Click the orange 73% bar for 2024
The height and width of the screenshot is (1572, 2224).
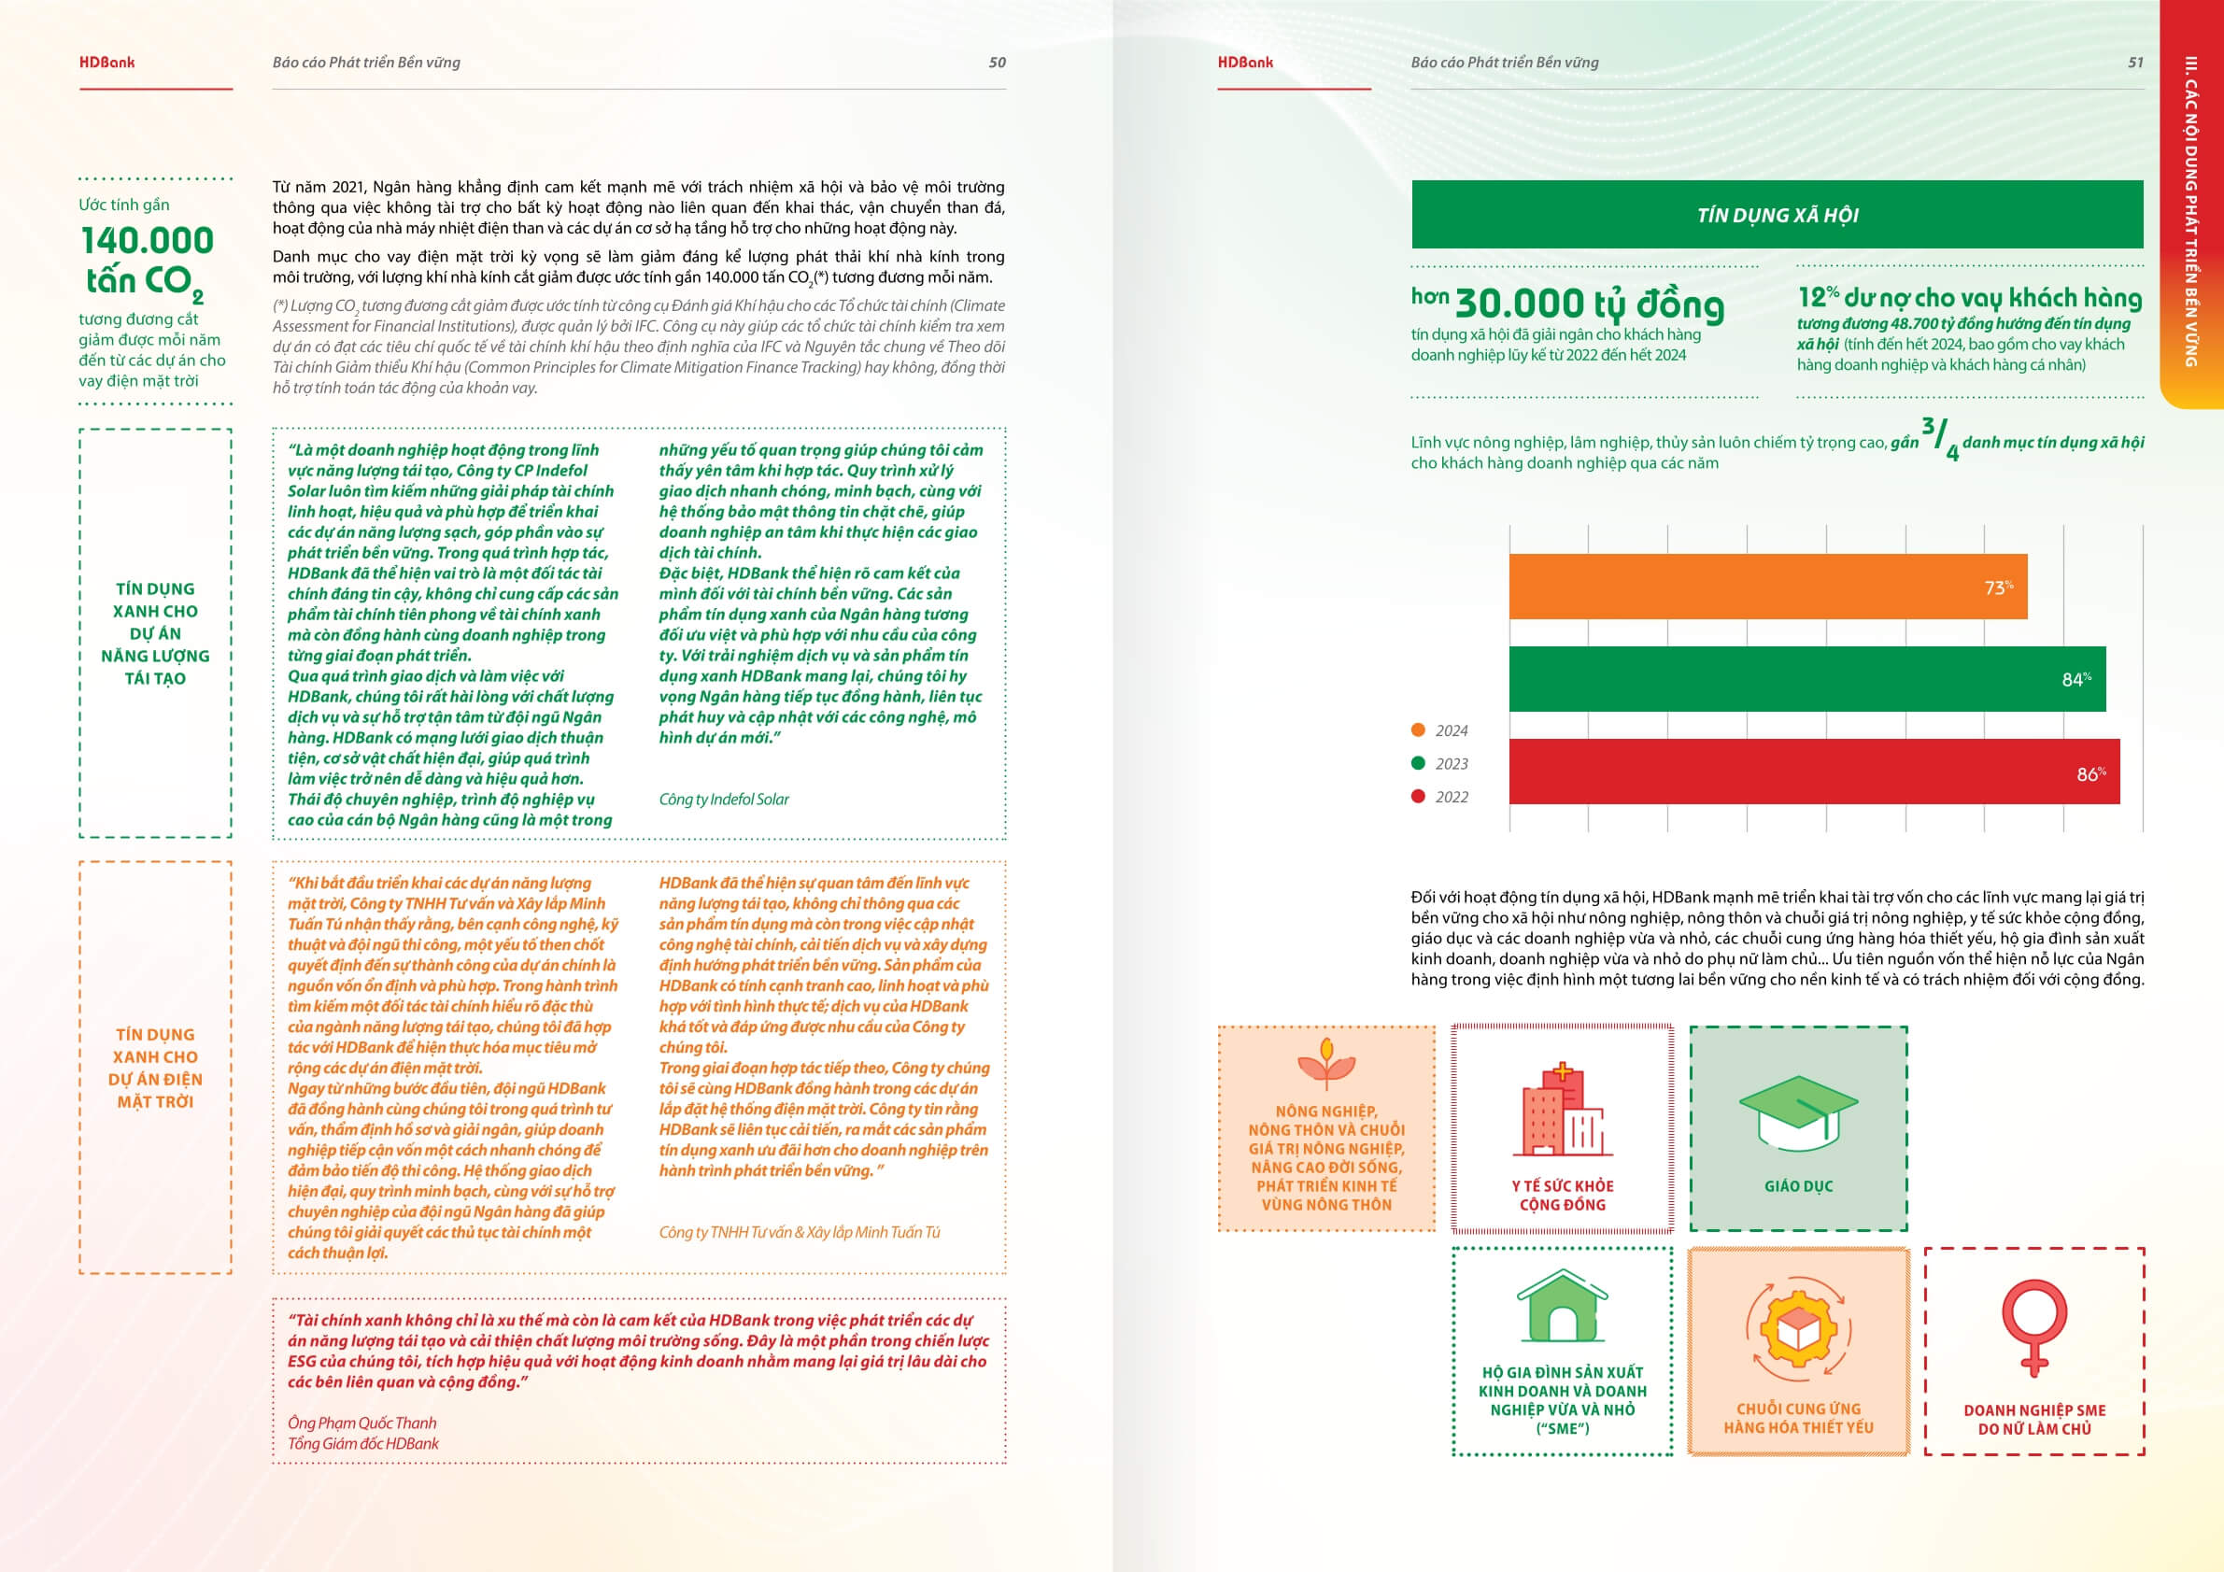(1767, 587)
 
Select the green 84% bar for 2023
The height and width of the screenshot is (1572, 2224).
(1806, 679)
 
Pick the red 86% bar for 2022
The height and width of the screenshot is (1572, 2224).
(1813, 772)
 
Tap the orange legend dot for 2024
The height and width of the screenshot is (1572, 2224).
(1418, 730)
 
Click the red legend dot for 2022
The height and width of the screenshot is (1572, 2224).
(1418, 796)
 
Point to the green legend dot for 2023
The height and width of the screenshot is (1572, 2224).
(1418, 763)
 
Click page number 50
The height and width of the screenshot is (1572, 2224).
(997, 63)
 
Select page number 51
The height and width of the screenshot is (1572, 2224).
(2135, 63)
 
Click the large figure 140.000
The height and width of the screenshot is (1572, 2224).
(148, 240)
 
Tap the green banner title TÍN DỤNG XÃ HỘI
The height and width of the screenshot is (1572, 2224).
(1777, 215)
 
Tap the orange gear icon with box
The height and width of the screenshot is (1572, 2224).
(1798, 1329)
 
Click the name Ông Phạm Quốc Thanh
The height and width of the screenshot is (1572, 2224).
(361, 1423)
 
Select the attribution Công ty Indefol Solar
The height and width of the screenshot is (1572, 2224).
(724, 799)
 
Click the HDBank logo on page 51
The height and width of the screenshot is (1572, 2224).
(1245, 63)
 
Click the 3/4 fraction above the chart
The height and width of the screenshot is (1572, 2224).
(1940, 439)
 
